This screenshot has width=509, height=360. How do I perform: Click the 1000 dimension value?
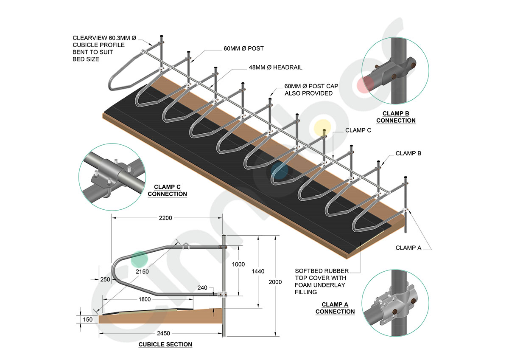[239, 264]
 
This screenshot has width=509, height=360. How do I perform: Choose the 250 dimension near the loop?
[105, 279]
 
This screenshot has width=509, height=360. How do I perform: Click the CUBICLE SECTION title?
[165, 344]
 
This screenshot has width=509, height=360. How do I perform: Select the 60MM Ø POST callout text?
[244, 48]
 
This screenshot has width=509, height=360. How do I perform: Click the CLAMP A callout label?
[408, 248]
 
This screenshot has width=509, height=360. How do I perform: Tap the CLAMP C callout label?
[358, 130]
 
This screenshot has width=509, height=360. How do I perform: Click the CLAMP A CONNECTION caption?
[335, 308]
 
